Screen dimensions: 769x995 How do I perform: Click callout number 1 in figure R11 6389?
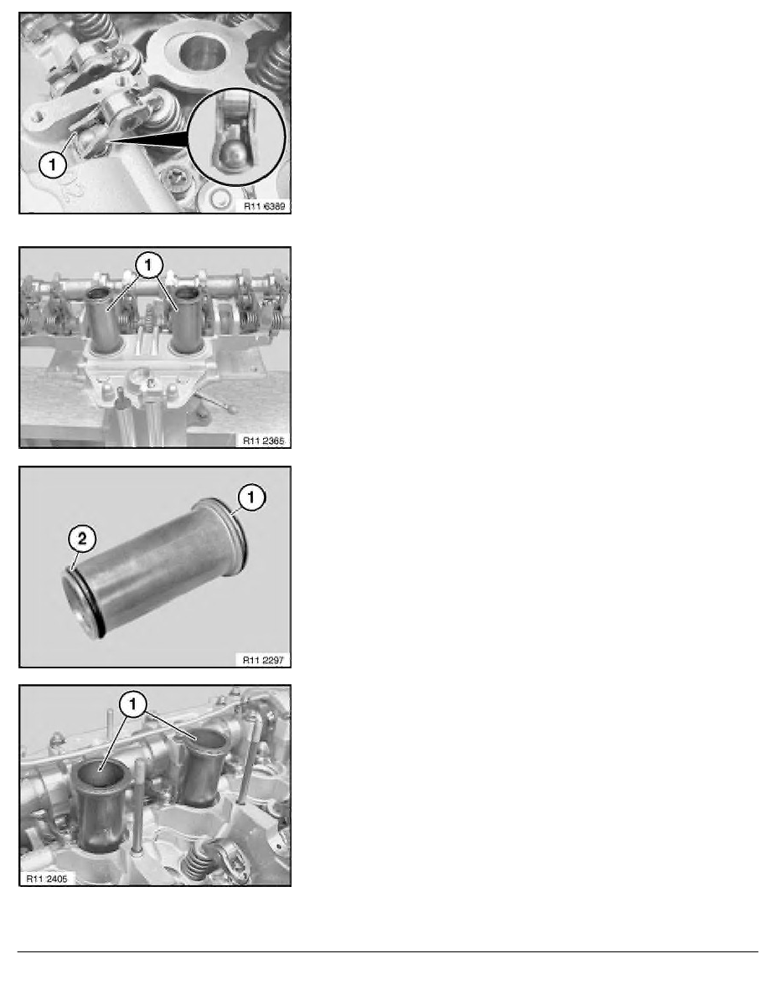tap(53, 165)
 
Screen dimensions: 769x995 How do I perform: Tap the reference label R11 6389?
tap(265, 206)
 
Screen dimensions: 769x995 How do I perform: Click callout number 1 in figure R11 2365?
tap(148, 266)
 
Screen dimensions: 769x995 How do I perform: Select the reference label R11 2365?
tap(264, 441)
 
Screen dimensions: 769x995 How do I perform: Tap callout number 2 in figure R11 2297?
tap(82, 539)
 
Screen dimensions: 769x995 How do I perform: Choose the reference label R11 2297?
tap(263, 660)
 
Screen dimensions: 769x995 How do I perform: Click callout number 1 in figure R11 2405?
tap(133, 704)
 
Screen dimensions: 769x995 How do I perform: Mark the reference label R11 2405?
tap(46, 879)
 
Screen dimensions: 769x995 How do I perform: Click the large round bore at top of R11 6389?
tap(202, 52)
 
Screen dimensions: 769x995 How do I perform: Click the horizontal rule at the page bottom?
tap(388, 951)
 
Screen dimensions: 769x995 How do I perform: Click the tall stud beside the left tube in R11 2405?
tap(138, 806)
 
